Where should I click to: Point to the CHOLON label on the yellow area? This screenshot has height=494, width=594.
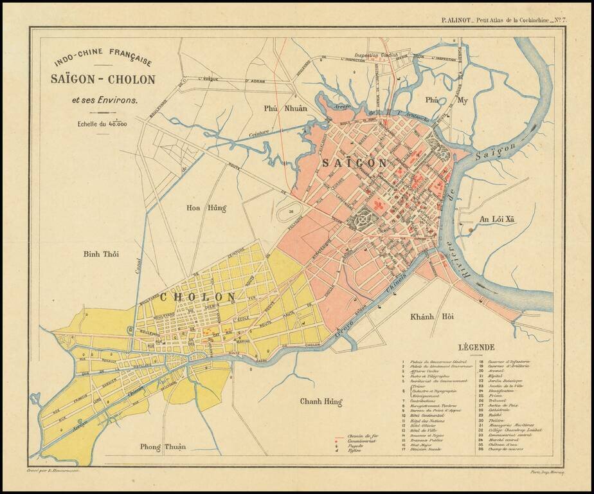click(x=197, y=297)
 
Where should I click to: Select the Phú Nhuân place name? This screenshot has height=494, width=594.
click(x=286, y=108)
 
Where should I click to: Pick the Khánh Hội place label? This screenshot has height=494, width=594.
click(x=432, y=316)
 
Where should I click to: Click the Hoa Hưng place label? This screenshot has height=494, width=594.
click(x=206, y=208)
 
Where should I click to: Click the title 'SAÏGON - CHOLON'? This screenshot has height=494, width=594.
click(x=104, y=80)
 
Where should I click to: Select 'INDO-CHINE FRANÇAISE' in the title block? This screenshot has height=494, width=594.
click(x=103, y=60)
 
